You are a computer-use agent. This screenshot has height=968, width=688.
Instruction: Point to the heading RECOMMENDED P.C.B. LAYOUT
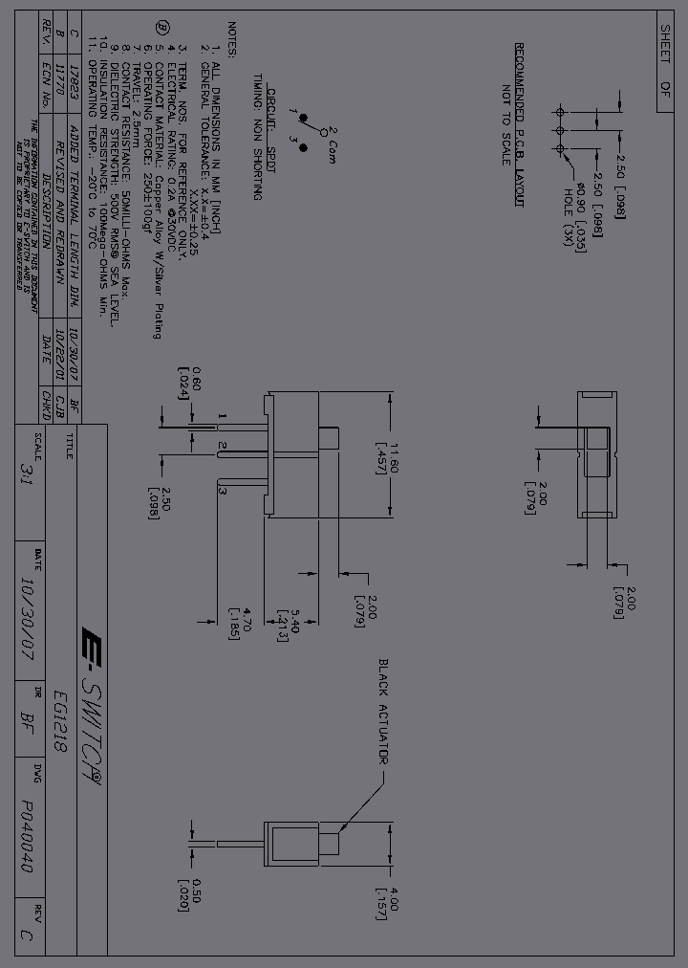[521, 124]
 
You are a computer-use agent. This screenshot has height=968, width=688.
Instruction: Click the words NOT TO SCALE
[505, 125]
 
